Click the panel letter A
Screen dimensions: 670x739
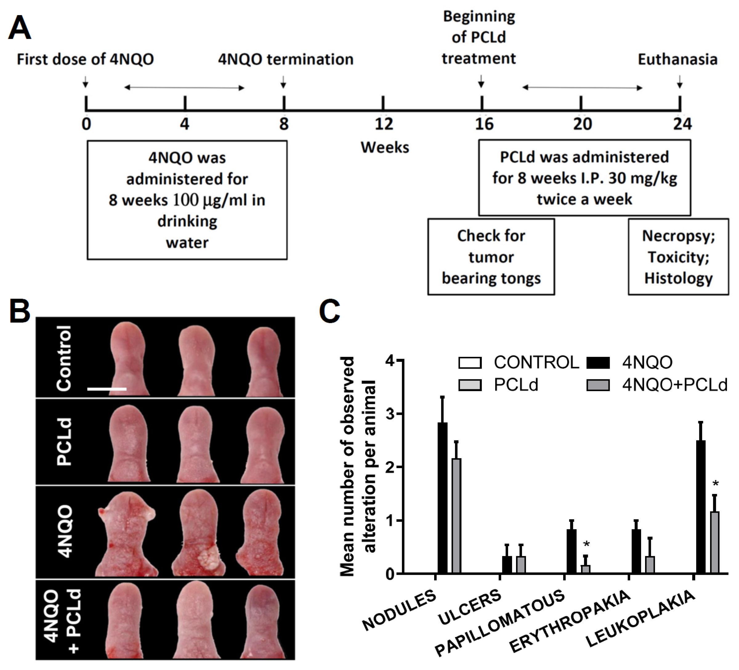pyautogui.click(x=19, y=27)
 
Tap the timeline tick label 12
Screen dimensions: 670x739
pyautogui.click(x=384, y=124)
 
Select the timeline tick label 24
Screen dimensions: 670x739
pyautogui.click(x=682, y=124)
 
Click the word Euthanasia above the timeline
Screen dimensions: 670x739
pyautogui.click(x=677, y=59)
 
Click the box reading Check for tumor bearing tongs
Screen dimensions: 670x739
pyautogui.click(x=491, y=256)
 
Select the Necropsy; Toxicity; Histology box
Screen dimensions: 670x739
pyautogui.click(x=678, y=256)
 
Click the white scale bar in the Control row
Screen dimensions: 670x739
pyautogui.click(x=107, y=389)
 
